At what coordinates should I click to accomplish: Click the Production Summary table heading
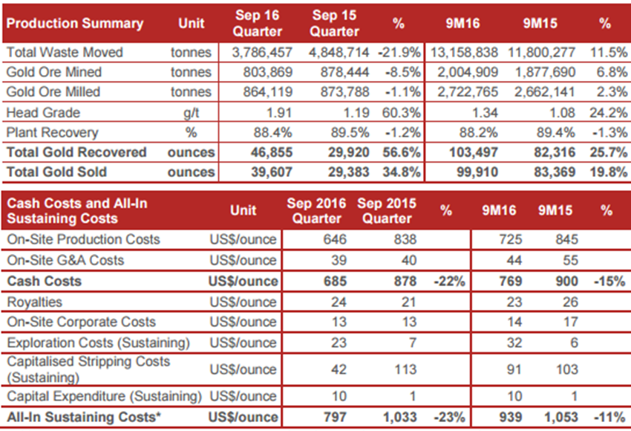coord(75,23)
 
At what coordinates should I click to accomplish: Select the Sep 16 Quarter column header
coord(258,23)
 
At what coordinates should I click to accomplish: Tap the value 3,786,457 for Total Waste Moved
coord(262,52)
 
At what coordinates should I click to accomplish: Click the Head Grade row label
coord(43,112)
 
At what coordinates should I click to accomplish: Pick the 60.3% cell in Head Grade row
coord(401,112)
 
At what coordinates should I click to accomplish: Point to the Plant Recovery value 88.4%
coord(273,132)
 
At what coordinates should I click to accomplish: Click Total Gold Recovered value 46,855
coord(272,152)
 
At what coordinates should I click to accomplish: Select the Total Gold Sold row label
coord(56,172)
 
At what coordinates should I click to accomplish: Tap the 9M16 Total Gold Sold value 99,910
coord(477,172)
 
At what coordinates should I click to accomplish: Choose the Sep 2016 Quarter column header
coord(316,210)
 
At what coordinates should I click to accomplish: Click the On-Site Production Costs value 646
coord(335,239)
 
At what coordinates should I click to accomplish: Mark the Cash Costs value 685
coord(335,281)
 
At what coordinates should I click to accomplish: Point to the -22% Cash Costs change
coord(449,281)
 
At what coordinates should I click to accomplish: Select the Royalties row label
coord(35,302)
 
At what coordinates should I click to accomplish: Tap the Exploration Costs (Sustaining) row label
coord(98,343)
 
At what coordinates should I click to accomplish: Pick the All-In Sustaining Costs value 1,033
coord(399,418)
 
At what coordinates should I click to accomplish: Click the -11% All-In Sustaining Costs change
coord(609,418)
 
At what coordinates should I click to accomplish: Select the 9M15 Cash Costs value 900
coord(566,281)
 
